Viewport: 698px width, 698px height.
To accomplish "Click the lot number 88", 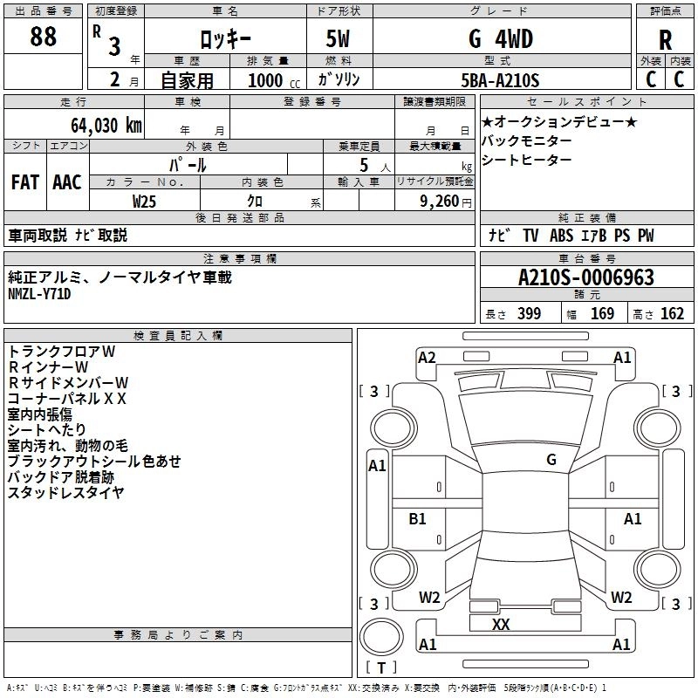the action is pos(43,37).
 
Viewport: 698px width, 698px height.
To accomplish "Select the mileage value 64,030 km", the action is pos(106,126).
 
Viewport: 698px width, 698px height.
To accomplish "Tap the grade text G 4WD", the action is pos(501,39).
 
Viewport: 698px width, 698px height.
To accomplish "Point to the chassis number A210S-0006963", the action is pos(586,277).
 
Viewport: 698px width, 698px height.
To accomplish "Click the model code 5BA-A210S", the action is pos(500,80).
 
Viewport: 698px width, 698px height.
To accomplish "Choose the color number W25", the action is pos(144,202).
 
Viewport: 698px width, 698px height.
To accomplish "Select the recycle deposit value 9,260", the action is pos(440,202).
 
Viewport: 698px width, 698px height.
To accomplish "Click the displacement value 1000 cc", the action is pos(274,80).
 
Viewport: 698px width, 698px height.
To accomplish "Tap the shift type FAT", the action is pos(25,182).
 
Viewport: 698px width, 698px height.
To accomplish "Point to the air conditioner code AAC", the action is pos(67,182).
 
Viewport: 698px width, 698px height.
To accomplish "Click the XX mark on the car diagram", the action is pos(501,624).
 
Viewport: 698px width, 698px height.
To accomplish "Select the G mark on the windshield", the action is pos(551,460).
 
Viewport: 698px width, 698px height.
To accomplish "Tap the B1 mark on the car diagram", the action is pos(417,518).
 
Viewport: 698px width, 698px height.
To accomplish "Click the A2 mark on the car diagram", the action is pos(427,358).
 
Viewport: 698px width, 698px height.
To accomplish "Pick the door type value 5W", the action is pos(338,38).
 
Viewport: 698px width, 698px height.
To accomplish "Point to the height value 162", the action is pos(672,313).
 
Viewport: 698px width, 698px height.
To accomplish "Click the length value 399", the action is pos(530,313).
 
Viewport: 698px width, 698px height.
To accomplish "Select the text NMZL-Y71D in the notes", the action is pos(39,294).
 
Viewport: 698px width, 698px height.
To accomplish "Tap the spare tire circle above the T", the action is pos(381,637).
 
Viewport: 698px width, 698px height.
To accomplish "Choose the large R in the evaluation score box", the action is pos(665,40).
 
